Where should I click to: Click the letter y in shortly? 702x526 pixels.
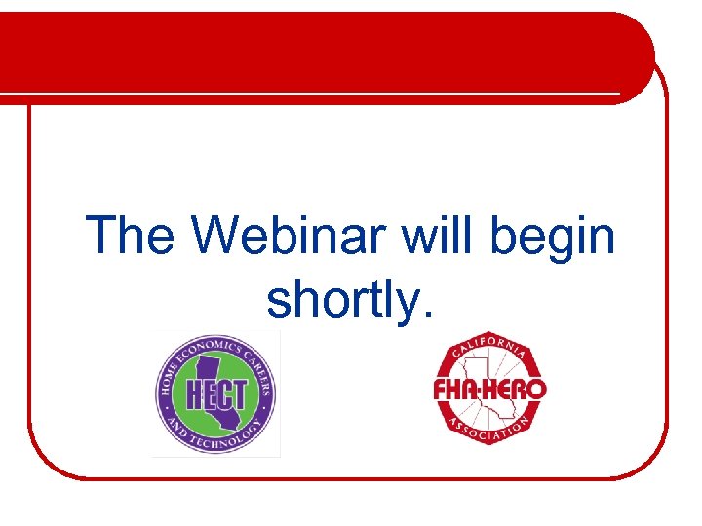(x=402, y=304)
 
